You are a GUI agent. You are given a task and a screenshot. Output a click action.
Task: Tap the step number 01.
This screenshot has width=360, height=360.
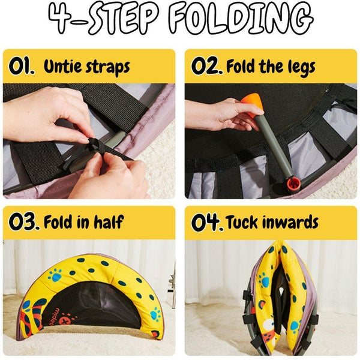pos(22,66)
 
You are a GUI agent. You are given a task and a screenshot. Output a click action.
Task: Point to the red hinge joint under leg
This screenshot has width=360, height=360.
pos(295,181)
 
